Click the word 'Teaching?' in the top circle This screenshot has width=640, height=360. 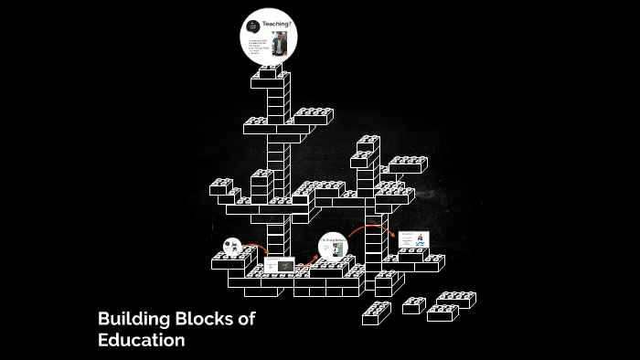[276, 24]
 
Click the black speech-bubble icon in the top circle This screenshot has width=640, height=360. [253, 25]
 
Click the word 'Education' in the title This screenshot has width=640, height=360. [142, 341]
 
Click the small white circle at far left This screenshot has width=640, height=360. [231, 246]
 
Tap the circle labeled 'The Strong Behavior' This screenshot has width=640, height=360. [332, 248]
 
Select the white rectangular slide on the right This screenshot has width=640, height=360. [412, 240]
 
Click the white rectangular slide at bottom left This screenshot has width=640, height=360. [276, 266]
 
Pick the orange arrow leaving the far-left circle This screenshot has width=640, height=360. [254, 248]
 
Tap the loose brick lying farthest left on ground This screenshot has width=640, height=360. [376, 313]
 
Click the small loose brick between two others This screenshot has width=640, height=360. [413, 305]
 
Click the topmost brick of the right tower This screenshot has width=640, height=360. [368, 143]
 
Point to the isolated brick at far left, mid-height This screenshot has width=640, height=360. [221, 186]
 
